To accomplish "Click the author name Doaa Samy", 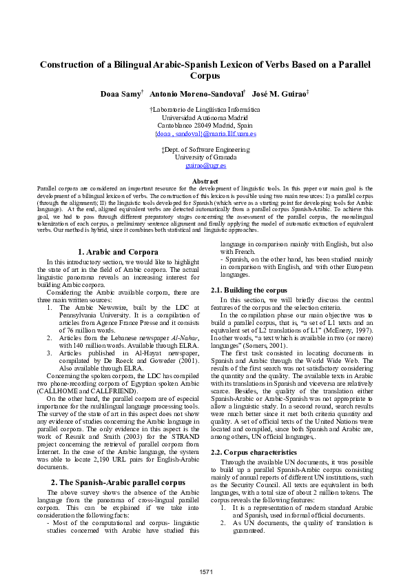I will (x=120, y=93).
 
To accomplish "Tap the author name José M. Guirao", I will (x=269, y=93).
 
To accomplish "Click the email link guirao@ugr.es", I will (x=205, y=166).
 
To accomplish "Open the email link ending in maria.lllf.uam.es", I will (x=205, y=134).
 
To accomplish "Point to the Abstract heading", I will (x=205, y=181).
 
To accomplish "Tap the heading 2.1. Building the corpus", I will (x=249, y=290).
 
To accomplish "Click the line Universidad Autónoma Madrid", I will (x=205, y=118).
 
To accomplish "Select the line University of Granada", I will (x=205, y=157).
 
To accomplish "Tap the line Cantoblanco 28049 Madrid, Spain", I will (x=205, y=126).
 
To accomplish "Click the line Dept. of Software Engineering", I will (x=205, y=149).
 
